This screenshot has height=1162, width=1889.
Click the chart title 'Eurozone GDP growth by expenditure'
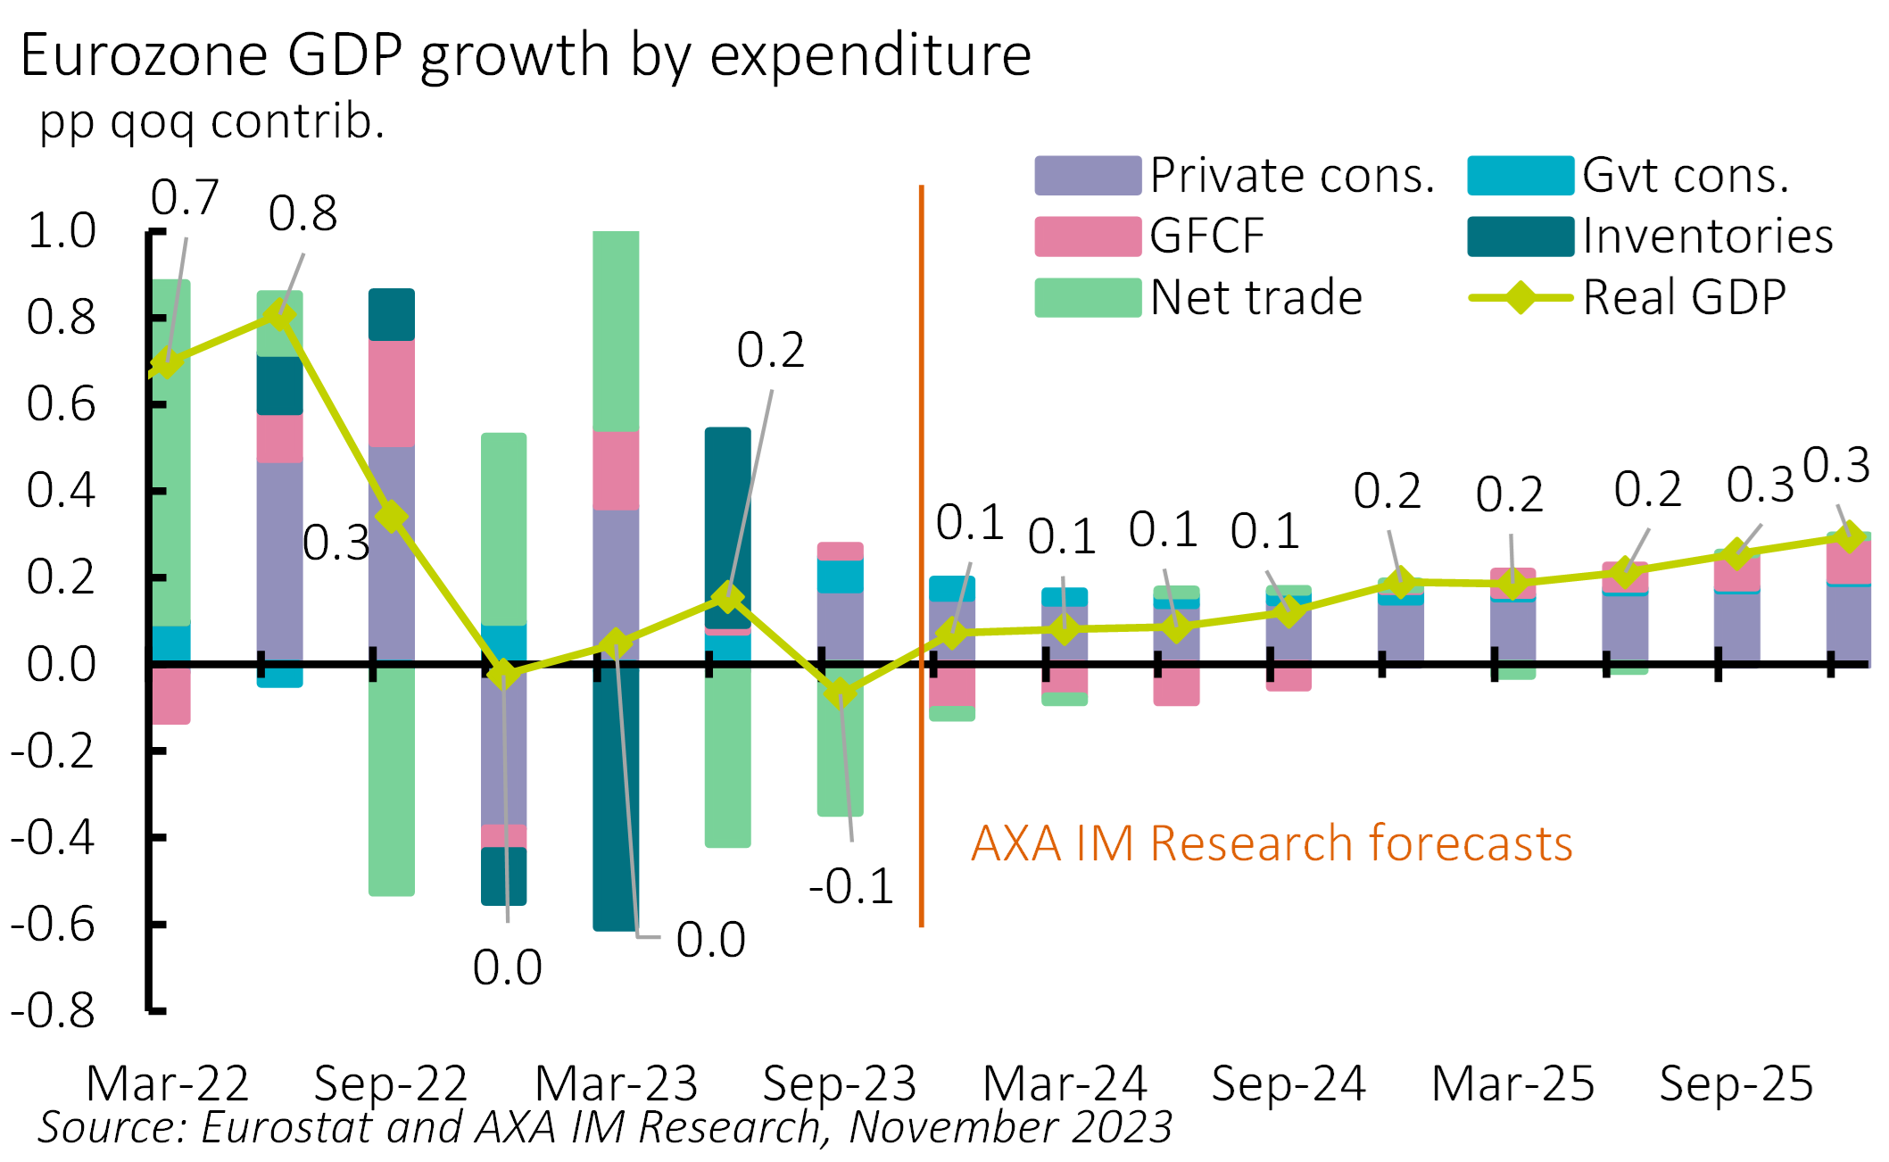526,55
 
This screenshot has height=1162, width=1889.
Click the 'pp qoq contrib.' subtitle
211,121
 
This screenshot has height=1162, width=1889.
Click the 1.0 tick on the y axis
62,231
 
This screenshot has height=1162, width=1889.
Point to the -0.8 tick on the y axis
53,1010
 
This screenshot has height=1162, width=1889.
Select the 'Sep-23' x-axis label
839,1083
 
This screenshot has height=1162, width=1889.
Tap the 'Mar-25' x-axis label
1512,1083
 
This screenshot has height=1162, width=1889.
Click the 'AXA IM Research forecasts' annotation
1272,842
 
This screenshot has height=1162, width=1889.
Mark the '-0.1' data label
851,886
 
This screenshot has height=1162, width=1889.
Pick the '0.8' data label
302,213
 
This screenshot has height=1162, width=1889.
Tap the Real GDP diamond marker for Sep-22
391,516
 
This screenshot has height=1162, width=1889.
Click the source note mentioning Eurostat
604,1127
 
